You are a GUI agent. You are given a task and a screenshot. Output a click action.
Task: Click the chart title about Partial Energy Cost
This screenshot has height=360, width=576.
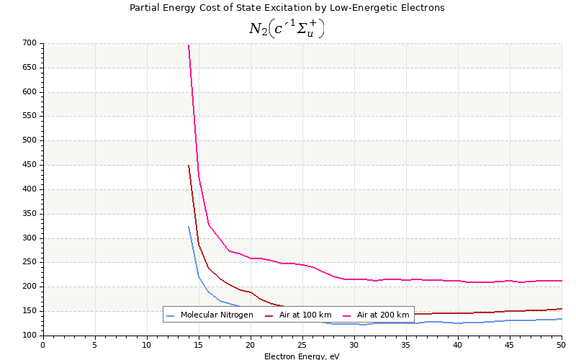pyautogui.click(x=287, y=8)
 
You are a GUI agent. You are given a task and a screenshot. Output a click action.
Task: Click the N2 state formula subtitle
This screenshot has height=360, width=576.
pyautogui.click(x=287, y=29)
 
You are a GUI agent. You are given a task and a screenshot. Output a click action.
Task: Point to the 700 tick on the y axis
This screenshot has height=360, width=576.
pyautogui.click(x=29, y=43)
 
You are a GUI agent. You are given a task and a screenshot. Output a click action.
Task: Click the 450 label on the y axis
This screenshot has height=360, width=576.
pyautogui.click(x=29, y=165)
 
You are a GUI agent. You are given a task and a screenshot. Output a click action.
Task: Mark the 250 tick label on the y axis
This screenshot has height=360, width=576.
pyautogui.click(x=29, y=262)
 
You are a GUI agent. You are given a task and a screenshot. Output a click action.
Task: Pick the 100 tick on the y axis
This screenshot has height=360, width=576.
pyautogui.click(x=29, y=336)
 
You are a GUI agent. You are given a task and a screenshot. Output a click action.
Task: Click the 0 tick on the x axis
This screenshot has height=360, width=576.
pyautogui.click(x=43, y=345)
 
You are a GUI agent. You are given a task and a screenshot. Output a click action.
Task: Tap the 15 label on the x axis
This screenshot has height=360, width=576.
pyautogui.click(x=199, y=345)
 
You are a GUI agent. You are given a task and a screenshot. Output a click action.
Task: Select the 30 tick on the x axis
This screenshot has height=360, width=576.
pyautogui.click(x=354, y=345)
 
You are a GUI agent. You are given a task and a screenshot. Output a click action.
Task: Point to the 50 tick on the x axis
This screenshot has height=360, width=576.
pyautogui.click(x=562, y=345)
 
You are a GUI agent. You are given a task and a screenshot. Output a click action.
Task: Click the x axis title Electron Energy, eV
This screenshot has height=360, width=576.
pyautogui.click(x=302, y=356)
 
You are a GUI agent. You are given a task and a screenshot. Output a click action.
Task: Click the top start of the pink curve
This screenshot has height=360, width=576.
pyautogui.click(x=189, y=45)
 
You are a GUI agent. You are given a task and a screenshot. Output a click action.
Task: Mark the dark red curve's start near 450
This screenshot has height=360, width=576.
pyautogui.click(x=189, y=166)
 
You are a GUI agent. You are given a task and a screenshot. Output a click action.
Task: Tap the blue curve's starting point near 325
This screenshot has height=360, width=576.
pyautogui.click(x=189, y=227)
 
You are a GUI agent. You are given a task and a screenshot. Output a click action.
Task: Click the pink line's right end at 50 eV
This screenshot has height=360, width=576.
pyautogui.click(x=561, y=281)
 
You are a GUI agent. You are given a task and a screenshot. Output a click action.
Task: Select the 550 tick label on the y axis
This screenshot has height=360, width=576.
pyautogui.click(x=29, y=116)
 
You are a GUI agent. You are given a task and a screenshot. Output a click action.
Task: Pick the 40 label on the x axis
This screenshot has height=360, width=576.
pyautogui.click(x=458, y=345)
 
